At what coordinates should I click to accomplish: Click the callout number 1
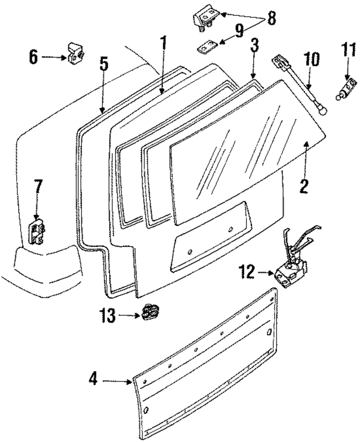pyautogui.click(x=163, y=43)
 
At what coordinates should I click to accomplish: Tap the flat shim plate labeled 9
pyautogui.click(x=207, y=47)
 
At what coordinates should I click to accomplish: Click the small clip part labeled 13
pyautogui.click(x=150, y=312)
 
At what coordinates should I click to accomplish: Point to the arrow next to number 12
pyautogui.click(x=267, y=273)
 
